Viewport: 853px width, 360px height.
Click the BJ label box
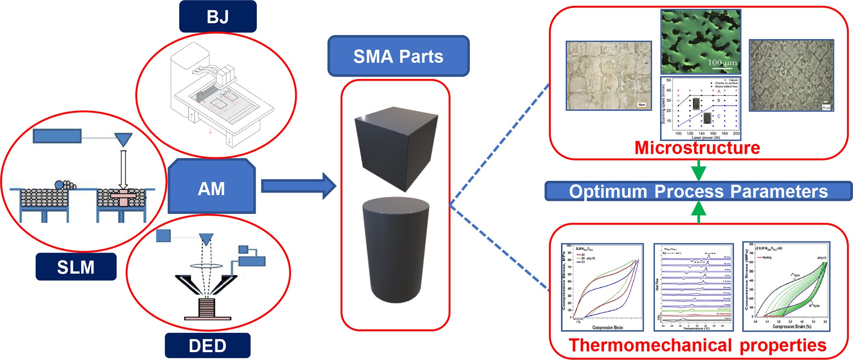[x=218, y=17]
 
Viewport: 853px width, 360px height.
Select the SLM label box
[x=76, y=267]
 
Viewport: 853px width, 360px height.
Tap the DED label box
[x=207, y=346]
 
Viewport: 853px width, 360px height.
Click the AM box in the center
[x=212, y=188]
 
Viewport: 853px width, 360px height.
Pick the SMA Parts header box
[x=398, y=56]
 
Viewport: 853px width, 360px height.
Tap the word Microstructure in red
[x=697, y=147]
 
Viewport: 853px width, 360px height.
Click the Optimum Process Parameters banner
[x=698, y=191]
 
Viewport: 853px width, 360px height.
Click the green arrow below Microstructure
[x=699, y=170]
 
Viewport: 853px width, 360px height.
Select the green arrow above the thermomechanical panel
[x=699, y=212]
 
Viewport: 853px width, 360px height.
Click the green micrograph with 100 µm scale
[x=701, y=42]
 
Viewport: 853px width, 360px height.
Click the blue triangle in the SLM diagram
[x=123, y=139]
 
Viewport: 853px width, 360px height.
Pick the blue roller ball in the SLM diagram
[x=59, y=185]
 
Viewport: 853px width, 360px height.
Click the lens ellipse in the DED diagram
[x=206, y=266]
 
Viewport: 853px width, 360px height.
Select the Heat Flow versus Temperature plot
[x=694, y=287]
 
